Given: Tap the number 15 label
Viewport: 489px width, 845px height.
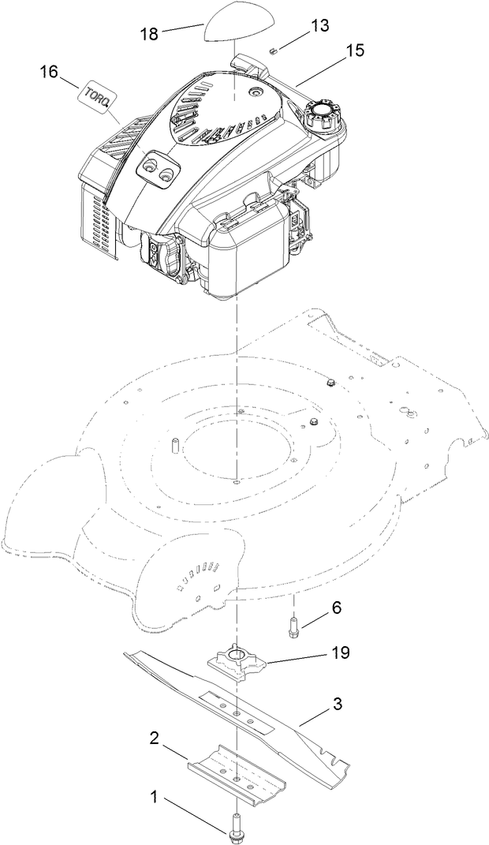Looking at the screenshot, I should (356, 50).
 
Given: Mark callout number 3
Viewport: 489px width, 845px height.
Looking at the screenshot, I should (336, 703).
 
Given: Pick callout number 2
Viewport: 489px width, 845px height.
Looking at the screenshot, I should (155, 738).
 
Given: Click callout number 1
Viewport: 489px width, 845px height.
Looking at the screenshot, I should (155, 798).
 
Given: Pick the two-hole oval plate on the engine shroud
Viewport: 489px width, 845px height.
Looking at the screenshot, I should (157, 168).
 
